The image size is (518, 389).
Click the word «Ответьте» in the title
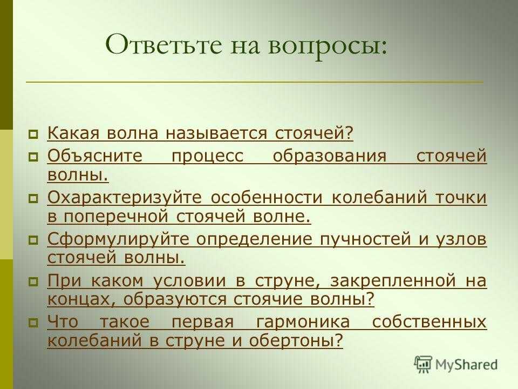(x=164, y=45)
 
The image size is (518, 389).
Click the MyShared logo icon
(x=423, y=365)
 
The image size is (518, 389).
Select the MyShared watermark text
(x=466, y=365)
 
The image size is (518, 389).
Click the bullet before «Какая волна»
(x=33, y=135)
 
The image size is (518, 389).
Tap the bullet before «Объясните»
(x=33, y=157)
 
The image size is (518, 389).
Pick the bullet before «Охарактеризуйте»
(x=33, y=198)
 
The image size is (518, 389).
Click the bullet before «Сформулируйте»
(x=33, y=240)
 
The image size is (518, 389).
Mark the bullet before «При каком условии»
(x=33, y=281)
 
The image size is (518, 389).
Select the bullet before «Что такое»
(x=33, y=323)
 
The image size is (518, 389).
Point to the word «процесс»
(x=207, y=156)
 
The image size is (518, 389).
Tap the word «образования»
(x=329, y=156)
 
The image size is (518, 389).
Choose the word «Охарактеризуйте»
(x=124, y=198)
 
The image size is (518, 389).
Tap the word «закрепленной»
(x=393, y=281)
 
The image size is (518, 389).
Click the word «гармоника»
(x=303, y=322)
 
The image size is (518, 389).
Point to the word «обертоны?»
(x=296, y=341)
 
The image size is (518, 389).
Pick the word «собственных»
(x=430, y=322)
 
